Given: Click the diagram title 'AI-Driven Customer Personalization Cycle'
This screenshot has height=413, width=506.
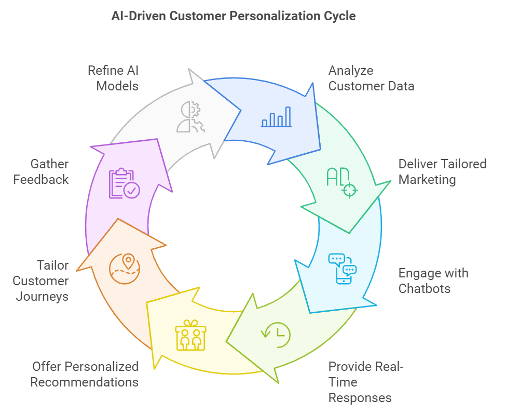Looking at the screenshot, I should click(x=234, y=16).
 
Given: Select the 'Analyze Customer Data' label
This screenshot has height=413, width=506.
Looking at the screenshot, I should click(x=371, y=78).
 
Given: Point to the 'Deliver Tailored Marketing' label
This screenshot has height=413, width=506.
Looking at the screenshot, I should click(x=442, y=172).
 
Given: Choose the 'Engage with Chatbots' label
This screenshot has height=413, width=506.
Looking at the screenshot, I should click(x=433, y=281).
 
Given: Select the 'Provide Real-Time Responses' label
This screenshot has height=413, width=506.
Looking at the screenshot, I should click(x=365, y=382).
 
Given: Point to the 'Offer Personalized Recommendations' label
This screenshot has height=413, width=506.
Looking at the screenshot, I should click(x=85, y=375).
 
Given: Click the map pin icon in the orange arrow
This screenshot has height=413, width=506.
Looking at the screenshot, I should click(x=125, y=268).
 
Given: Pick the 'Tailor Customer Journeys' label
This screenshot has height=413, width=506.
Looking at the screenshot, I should click(x=41, y=281).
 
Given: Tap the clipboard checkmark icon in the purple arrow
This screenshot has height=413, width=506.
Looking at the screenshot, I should click(x=124, y=183).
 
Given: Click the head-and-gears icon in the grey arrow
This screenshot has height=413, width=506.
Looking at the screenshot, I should click(x=190, y=117).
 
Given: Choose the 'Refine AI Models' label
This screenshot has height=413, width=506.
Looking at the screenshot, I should click(x=113, y=78).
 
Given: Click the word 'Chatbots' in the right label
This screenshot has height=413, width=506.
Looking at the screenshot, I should click(x=425, y=288).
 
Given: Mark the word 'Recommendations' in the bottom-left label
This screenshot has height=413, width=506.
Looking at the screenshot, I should click(x=85, y=382).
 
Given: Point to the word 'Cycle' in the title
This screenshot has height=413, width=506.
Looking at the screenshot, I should click(x=340, y=16).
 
